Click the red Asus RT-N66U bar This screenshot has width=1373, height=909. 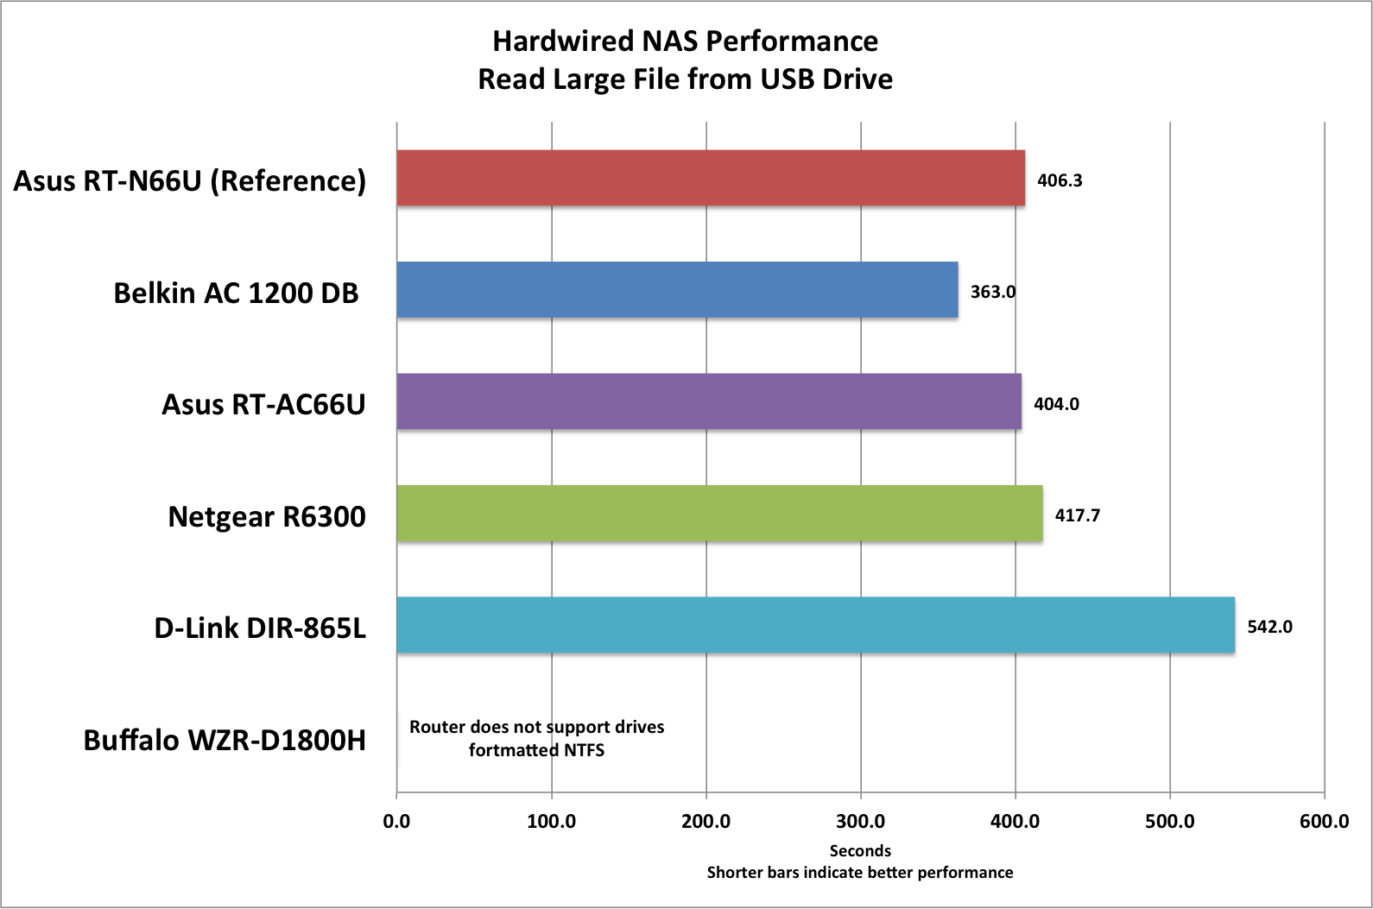pos(711,178)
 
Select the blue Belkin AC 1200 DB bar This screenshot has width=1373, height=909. pos(677,290)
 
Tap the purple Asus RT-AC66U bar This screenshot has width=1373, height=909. pos(709,401)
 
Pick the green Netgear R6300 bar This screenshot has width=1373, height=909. pos(719,514)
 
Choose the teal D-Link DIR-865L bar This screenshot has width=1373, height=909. pos(815,625)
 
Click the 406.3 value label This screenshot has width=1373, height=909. pos(1060,180)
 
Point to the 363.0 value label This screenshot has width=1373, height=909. pos(992,292)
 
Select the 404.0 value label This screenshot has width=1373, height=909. pos(1056,404)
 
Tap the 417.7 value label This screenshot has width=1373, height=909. pos(1077,515)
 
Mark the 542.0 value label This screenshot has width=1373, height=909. pos(1269,627)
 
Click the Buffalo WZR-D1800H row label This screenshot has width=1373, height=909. pos(225,740)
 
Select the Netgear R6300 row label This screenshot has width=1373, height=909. pos(267,516)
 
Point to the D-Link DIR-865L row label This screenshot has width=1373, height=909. pos(260,628)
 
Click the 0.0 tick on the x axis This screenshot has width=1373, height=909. pos(396,821)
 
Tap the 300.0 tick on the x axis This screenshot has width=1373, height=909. pos(860,821)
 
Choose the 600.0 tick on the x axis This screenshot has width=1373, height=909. pos(1324,821)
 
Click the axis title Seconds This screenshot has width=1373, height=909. pos(860,850)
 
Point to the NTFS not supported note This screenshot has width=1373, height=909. pos(536,738)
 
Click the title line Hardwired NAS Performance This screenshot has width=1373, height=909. pos(685,41)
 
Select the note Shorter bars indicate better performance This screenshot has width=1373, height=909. pos(860,873)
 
